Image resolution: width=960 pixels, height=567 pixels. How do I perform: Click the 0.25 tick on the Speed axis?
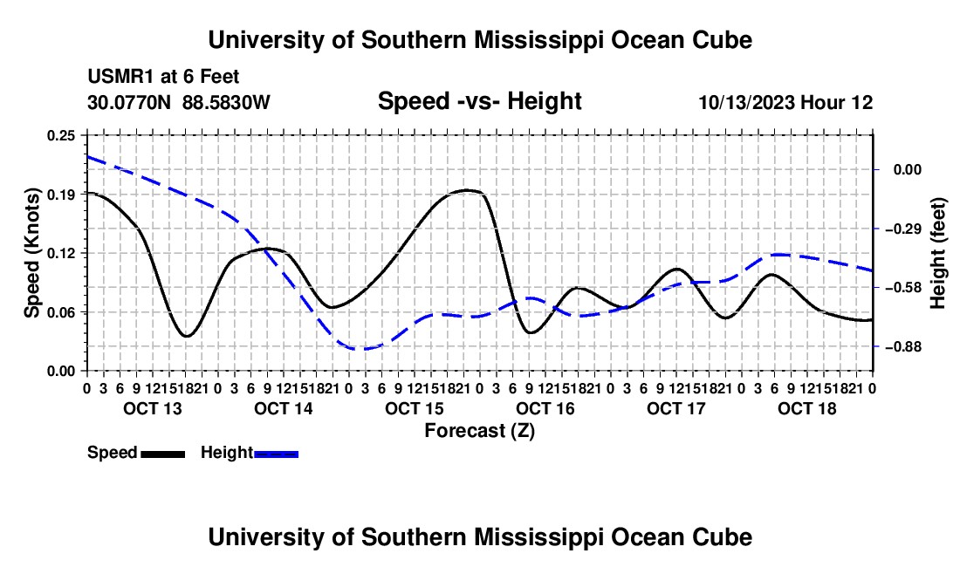point(61,135)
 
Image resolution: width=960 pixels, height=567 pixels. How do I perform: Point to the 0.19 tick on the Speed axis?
point(61,195)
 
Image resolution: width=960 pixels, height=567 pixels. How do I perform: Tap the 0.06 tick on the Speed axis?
point(61,312)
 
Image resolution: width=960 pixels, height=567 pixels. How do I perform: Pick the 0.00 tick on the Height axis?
point(908,169)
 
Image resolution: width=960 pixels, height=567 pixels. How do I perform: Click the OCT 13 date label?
point(153,408)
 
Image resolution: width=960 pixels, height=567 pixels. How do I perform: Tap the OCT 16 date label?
point(545,408)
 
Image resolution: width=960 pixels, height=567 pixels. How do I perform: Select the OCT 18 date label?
point(807,408)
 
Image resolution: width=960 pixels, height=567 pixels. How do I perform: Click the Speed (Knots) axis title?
point(31,253)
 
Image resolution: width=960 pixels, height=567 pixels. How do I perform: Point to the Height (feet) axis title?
point(938,253)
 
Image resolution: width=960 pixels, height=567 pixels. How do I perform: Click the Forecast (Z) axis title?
point(480,431)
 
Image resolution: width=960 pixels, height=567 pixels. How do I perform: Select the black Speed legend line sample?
point(163,454)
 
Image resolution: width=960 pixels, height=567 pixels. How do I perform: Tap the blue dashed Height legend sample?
point(276,454)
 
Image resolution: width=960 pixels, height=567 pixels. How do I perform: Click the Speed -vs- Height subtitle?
point(480,101)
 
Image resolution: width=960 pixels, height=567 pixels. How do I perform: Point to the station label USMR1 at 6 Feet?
point(163,77)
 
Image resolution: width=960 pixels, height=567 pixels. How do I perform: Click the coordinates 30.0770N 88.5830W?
point(179,102)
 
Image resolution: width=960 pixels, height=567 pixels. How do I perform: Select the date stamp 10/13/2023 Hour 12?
point(786,102)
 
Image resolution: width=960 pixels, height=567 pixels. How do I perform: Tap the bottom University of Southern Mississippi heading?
point(480,537)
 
